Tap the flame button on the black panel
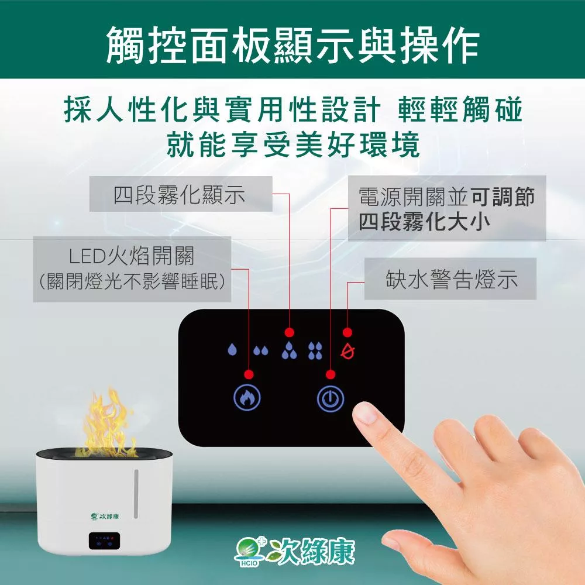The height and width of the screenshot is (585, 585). [x=247, y=398]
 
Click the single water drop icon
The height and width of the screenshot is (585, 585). [x=232, y=349]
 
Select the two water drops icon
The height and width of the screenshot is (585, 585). [x=261, y=350]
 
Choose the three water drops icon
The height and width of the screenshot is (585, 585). [x=289, y=350]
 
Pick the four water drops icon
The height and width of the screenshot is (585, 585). [x=315, y=350]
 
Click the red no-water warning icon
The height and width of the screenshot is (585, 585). [x=347, y=350]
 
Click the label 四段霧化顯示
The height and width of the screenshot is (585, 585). [x=180, y=195]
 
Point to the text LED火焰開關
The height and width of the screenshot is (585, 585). [x=132, y=256]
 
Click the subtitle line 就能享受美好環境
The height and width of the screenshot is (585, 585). [x=293, y=144]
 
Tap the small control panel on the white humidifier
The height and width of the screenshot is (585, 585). [x=104, y=541]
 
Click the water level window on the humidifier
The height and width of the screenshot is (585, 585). [x=136, y=494]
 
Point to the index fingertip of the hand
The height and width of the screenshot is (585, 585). [x=364, y=413]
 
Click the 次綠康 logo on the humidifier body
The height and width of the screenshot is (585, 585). [x=105, y=516]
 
